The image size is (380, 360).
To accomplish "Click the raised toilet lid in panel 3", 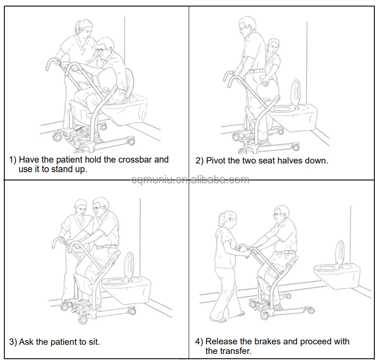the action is pos(129,266).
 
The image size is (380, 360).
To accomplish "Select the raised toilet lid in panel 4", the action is pos(340,254).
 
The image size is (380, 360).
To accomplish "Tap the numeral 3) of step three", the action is pos(13,342).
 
